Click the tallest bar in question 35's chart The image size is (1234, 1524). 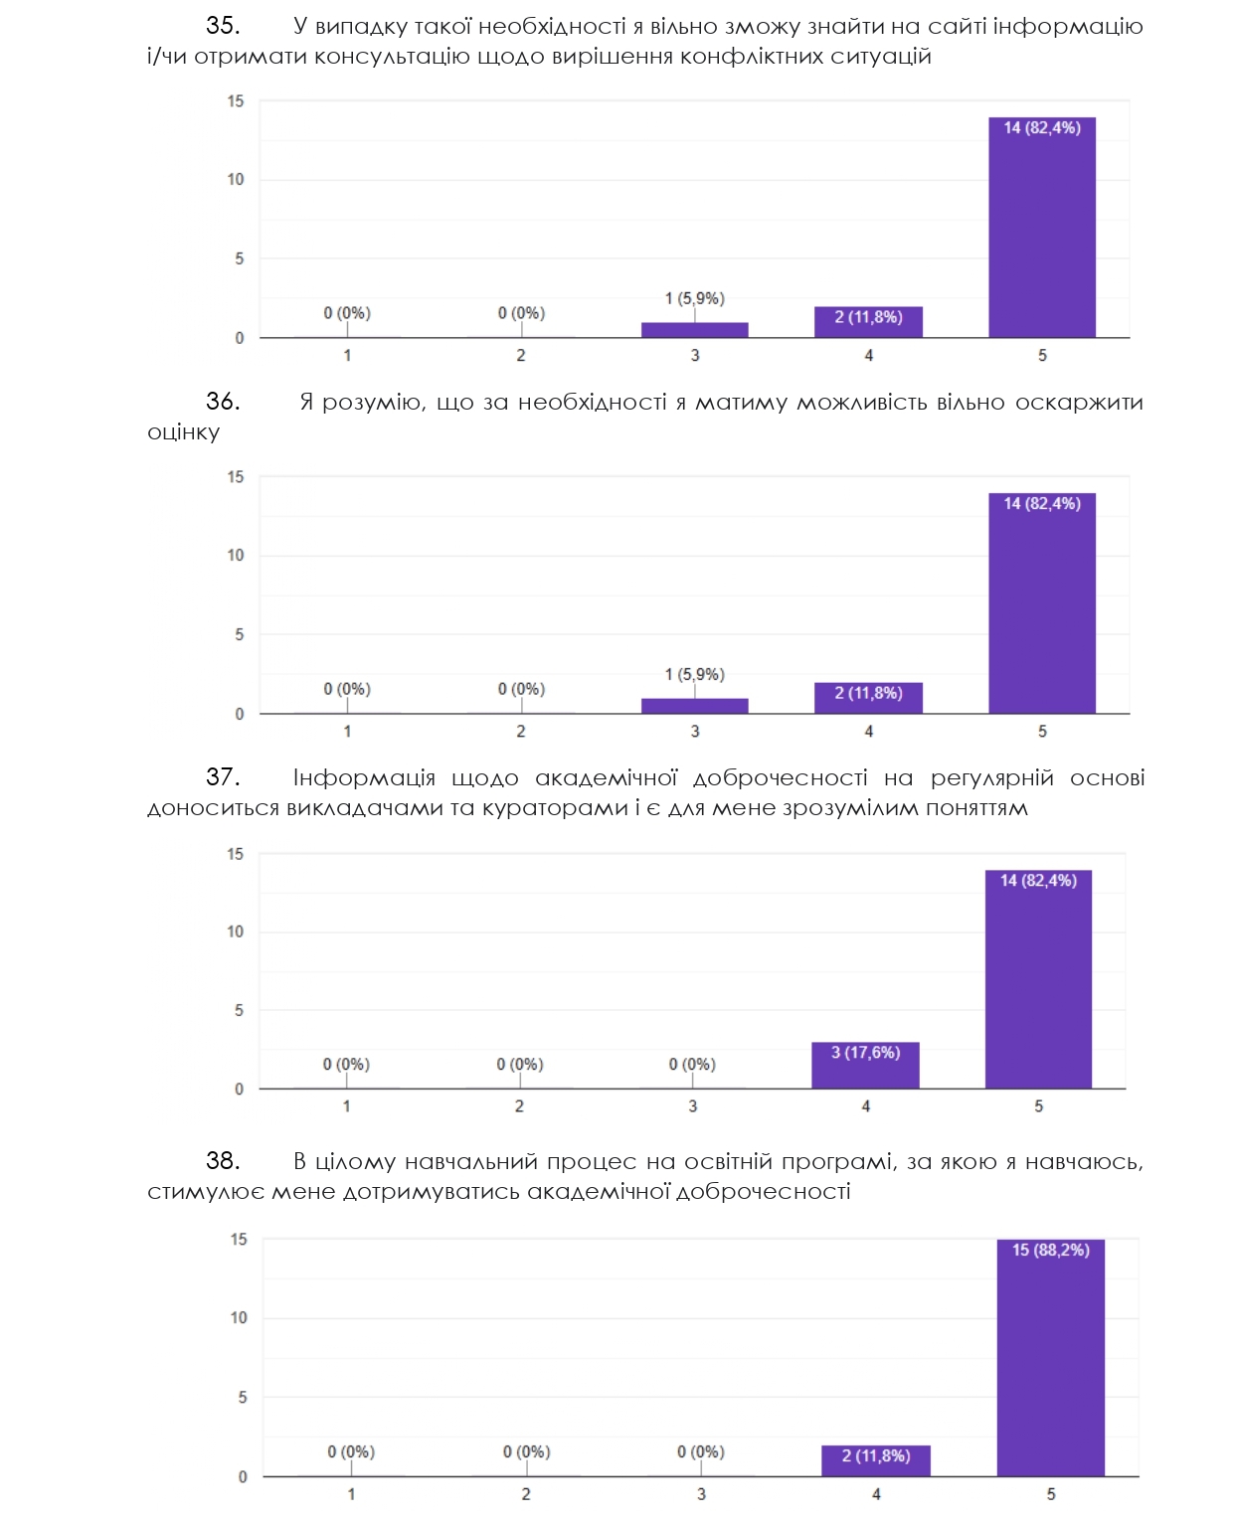coord(1041,229)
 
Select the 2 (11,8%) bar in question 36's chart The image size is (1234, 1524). coord(868,698)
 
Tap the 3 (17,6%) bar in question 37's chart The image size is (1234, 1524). coord(865,1065)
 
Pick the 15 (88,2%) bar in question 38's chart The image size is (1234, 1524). coord(1050,1357)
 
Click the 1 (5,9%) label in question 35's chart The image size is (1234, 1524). coord(694,298)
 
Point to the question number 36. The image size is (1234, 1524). coord(223,402)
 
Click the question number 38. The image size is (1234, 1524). coord(223,1161)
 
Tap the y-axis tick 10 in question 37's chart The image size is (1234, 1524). coord(235,931)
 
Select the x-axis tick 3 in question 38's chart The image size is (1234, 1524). coord(701,1493)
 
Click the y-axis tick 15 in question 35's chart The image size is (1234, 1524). coord(235,100)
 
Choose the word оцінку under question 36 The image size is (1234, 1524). coord(183,432)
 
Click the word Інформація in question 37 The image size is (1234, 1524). coord(364,777)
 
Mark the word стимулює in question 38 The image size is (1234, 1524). coord(206,1192)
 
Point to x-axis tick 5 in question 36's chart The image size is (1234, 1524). coord(1042,731)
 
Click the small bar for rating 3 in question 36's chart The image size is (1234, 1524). coord(694,706)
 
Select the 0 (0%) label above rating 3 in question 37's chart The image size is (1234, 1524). coord(692,1064)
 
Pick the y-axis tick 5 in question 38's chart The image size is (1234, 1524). coord(242,1397)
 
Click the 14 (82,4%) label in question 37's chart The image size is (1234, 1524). coord(1038,881)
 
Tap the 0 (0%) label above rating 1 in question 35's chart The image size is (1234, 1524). coord(347,313)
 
